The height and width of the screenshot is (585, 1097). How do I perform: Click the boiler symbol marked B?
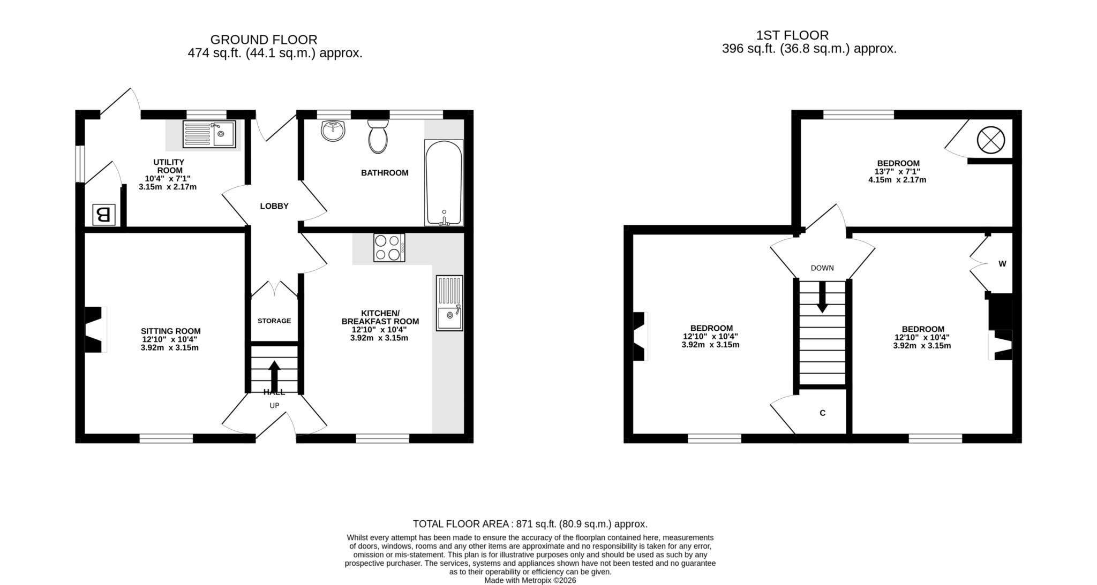[104, 215]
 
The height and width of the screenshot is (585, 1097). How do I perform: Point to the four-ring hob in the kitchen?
[389, 248]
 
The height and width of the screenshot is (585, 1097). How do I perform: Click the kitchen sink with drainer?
[449, 303]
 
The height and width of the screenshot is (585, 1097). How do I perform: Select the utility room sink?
[209, 134]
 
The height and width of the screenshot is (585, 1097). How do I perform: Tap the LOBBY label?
[274, 206]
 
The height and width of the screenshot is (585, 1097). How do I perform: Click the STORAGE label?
[274, 321]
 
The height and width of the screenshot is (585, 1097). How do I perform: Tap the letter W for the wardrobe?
[1002, 264]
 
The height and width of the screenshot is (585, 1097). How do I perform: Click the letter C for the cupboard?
[823, 413]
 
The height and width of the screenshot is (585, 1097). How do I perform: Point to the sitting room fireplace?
[95, 329]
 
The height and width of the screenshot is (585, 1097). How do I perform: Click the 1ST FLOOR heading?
[792, 35]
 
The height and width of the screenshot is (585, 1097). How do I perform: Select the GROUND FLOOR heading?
[264, 40]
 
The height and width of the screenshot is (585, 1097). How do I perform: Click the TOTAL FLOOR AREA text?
[530, 524]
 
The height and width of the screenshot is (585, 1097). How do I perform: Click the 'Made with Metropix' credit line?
[530, 580]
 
